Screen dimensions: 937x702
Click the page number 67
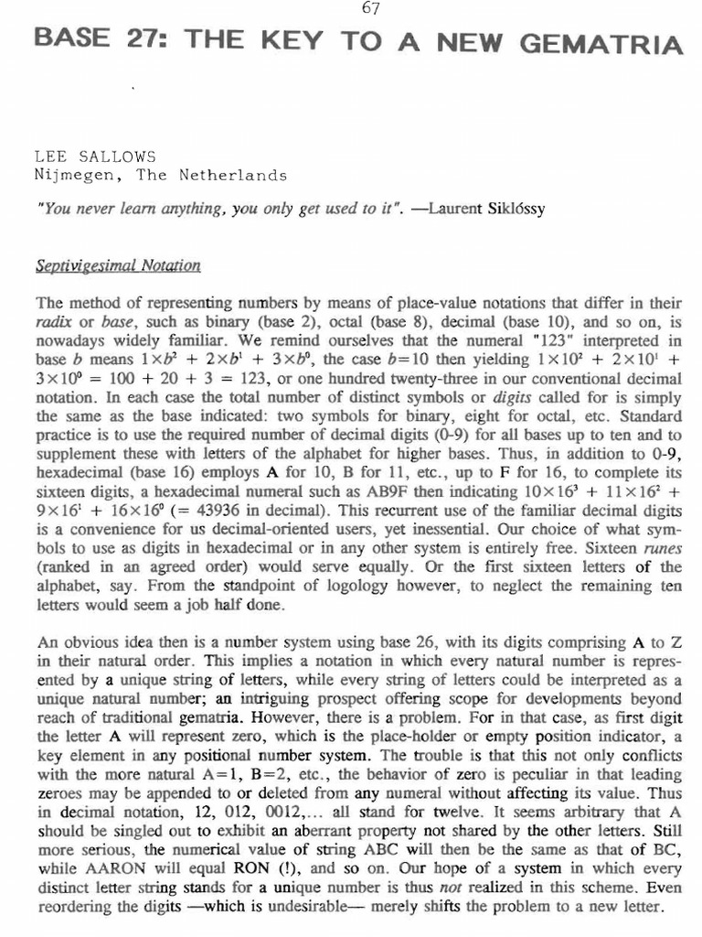click(370, 9)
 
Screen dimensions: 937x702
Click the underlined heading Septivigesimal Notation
click(117, 266)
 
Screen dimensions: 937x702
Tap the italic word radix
click(52, 321)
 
